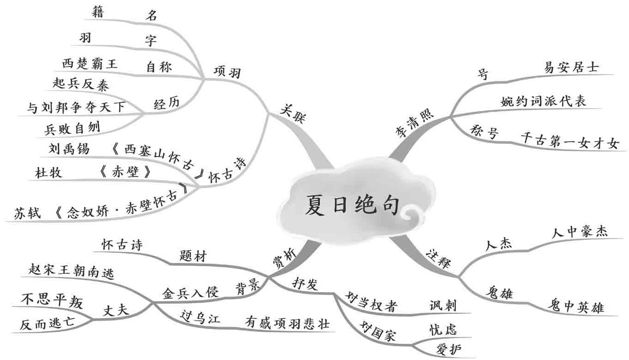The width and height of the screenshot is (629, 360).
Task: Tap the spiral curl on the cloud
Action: pos(412,214)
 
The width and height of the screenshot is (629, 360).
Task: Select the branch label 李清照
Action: pos(415,123)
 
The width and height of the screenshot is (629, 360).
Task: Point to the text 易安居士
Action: pos(571,67)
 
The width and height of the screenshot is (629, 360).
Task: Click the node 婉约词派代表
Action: pos(543,100)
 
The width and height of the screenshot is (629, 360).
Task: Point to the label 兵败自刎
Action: pos(73,128)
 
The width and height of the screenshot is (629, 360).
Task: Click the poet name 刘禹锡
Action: pos(69,149)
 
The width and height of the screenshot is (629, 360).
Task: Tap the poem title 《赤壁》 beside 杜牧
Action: pos(125,172)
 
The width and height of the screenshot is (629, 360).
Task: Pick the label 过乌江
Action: pos(200,318)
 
